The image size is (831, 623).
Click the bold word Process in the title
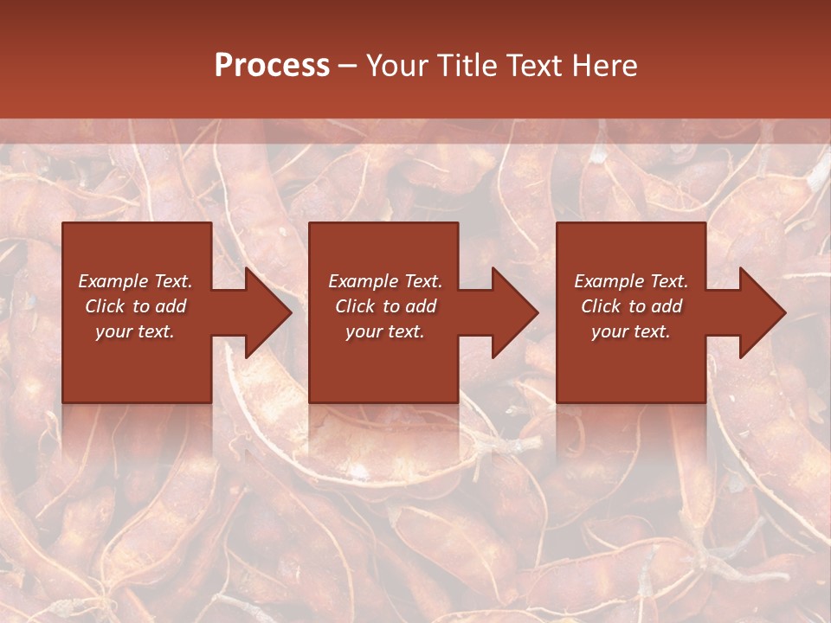[272, 66]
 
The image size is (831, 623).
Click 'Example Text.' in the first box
[135, 281]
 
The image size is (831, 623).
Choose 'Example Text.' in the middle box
[385, 281]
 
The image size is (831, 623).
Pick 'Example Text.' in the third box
[631, 281]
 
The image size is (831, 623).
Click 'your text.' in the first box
[135, 331]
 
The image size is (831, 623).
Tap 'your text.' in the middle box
[385, 331]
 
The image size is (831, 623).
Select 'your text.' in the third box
[631, 331]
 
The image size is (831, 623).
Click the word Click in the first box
[104, 306]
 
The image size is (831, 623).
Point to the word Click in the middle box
[354, 306]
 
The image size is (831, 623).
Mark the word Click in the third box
[601, 306]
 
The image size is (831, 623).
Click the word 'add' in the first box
[171, 306]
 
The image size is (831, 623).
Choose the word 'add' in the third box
[667, 306]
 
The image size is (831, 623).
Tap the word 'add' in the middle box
[421, 306]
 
